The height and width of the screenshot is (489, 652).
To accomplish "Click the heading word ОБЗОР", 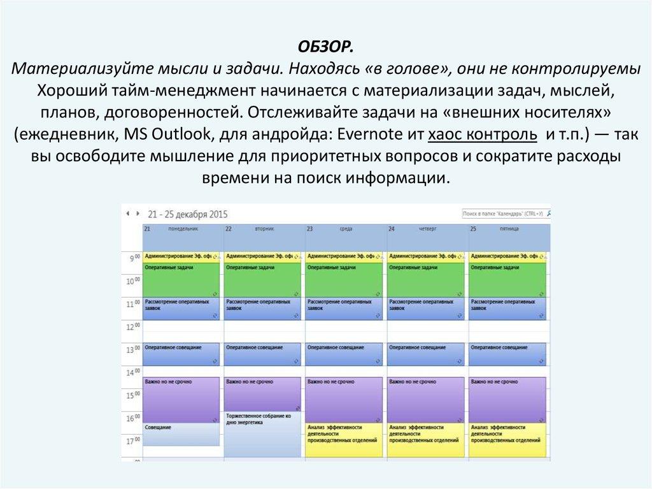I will pos(325,48).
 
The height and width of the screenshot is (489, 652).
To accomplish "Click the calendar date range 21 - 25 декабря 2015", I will pos(187,214).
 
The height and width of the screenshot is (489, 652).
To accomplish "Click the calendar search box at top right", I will pos(504,214).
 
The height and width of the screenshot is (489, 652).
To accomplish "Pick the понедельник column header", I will pos(183,228).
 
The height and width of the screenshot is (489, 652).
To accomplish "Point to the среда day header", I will pos(346,228).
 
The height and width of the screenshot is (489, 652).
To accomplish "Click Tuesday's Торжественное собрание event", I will pos(262,434).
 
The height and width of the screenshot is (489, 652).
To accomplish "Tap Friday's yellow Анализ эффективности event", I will pos(507,440).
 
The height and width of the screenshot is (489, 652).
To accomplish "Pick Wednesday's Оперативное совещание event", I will pos(344,354).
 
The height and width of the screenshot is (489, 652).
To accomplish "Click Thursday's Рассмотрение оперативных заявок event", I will pos(427,308).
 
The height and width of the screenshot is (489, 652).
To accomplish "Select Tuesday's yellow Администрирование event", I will pos(262,256).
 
